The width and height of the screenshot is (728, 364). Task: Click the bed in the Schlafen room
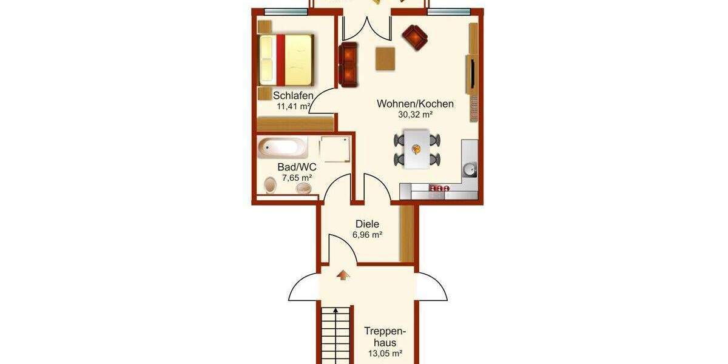(x=286, y=59)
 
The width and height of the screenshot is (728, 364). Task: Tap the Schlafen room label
(x=293, y=96)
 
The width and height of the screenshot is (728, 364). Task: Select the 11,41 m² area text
(x=294, y=107)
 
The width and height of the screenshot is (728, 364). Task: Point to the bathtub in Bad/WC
(x=282, y=147)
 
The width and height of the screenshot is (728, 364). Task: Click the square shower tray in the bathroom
(x=335, y=149)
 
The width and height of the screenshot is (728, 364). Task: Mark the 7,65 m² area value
(x=297, y=178)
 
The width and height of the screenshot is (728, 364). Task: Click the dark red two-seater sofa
(x=349, y=64)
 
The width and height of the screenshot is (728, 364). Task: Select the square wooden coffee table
(x=385, y=59)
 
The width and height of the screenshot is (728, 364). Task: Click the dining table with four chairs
(x=417, y=149)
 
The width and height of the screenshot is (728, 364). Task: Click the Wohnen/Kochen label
(x=415, y=104)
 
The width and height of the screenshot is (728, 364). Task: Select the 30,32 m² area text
(x=415, y=115)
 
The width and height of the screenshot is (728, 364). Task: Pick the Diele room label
(x=367, y=224)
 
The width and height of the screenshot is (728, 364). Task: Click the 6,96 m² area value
(x=367, y=235)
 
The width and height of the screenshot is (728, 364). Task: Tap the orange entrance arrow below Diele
(x=343, y=275)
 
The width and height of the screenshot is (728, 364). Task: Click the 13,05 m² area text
(x=384, y=354)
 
